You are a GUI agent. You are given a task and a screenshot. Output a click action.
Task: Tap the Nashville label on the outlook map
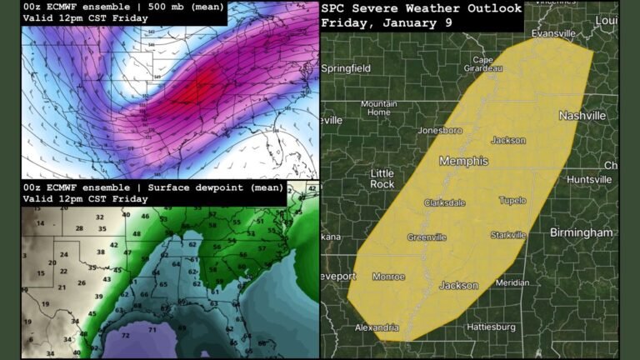click(582, 116)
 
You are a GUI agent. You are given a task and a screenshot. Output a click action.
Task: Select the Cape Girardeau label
click(482, 64)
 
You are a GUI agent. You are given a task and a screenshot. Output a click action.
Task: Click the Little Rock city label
click(382, 177)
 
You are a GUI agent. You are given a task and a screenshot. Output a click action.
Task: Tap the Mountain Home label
click(378, 107)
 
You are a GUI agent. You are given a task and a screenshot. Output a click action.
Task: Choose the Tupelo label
click(512, 201)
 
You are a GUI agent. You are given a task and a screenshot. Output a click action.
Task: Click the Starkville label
click(508, 236)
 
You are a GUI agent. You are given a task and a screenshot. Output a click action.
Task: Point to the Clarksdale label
click(445, 203)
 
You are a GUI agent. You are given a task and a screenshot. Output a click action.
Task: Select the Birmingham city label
click(581, 232)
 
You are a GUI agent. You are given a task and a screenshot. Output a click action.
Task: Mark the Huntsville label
click(589, 180)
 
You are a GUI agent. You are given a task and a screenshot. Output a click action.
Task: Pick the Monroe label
click(388, 277)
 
